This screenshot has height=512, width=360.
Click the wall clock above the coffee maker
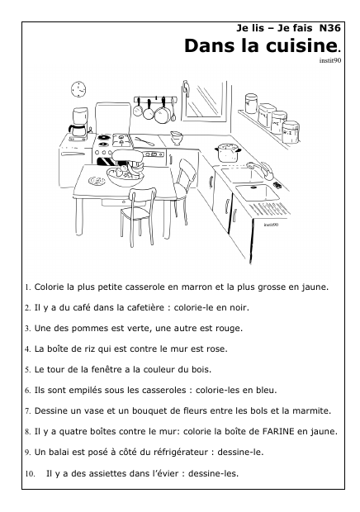tap(78, 89)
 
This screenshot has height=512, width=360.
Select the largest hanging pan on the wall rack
tap(162, 112)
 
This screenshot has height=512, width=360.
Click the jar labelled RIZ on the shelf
tap(291, 132)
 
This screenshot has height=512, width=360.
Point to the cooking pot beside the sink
tap(228, 153)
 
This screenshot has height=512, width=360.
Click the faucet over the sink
tap(262, 170)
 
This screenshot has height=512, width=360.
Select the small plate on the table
tap(97, 181)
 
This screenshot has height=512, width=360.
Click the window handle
tap(186, 89)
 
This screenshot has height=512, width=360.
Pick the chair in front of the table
tap(137, 216)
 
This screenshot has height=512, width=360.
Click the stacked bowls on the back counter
tap(176, 137)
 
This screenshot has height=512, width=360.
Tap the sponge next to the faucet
tap(277, 186)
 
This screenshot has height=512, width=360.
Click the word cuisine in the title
tap(301, 45)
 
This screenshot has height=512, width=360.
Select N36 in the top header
tap(329, 28)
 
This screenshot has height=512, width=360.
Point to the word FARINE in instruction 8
tap(278, 431)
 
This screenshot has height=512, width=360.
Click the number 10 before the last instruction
tap(30, 474)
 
